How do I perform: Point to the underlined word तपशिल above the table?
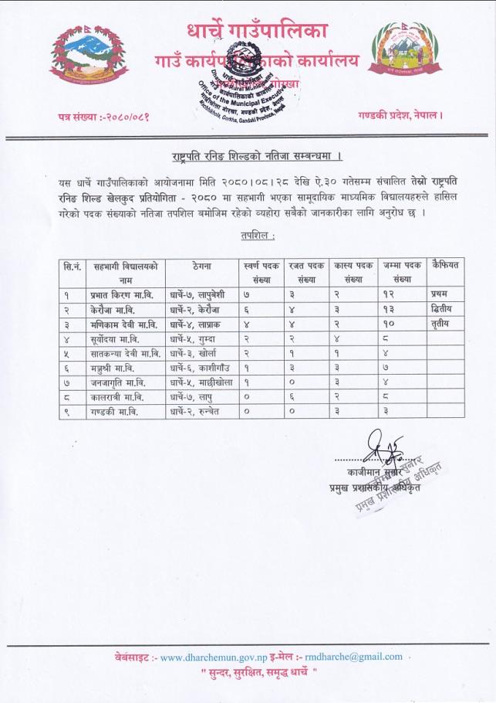[x=248, y=234]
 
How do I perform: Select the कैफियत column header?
[x=446, y=265]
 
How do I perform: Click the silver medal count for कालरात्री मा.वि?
[x=304, y=396]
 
